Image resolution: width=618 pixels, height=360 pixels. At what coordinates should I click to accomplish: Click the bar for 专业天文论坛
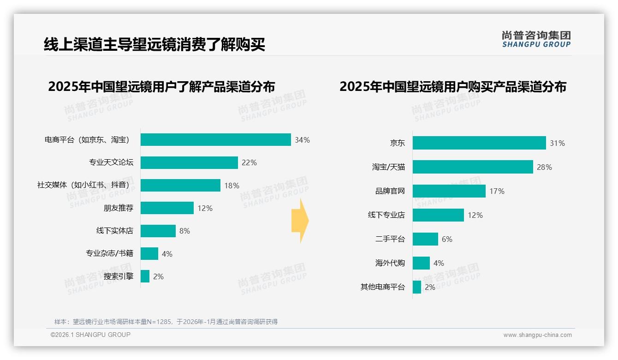click(189, 162)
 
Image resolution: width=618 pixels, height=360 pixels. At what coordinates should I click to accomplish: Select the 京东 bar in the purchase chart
click(479, 143)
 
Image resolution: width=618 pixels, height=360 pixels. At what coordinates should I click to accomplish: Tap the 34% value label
click(302, 140)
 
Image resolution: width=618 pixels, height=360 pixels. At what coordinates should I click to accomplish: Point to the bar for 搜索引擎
click(145, 276)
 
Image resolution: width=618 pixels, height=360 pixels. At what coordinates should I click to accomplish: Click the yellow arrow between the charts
click(300, 221)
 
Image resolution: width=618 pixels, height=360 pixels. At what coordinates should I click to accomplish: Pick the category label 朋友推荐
click(119, 208)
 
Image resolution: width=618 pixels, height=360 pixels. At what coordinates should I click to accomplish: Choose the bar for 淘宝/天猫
click(473, 167)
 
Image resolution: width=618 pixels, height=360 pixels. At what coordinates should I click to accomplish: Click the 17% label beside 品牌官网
click(497, 191)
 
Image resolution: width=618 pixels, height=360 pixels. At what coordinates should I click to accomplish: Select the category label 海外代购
click(390, 263)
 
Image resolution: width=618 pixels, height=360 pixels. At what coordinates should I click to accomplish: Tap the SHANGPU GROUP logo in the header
click(536, 39)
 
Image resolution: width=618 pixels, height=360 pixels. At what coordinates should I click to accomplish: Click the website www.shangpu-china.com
click(537, 335)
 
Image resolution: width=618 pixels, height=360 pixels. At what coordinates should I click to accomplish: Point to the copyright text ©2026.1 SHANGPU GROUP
click(90, 335)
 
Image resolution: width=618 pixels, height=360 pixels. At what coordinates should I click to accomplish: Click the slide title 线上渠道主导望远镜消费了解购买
click(154, 45)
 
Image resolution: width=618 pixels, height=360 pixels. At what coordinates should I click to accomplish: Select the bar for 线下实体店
click(158, 231)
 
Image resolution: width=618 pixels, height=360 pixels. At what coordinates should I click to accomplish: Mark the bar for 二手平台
click(425, 239)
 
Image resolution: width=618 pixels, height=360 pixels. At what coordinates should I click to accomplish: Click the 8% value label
click(184, 231)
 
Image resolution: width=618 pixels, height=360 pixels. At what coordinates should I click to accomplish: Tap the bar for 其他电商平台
click(417, 287)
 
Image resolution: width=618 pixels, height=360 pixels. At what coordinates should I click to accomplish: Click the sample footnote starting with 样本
click(166, 322)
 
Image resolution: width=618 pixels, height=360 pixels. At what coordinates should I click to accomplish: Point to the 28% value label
click(544, 167)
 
